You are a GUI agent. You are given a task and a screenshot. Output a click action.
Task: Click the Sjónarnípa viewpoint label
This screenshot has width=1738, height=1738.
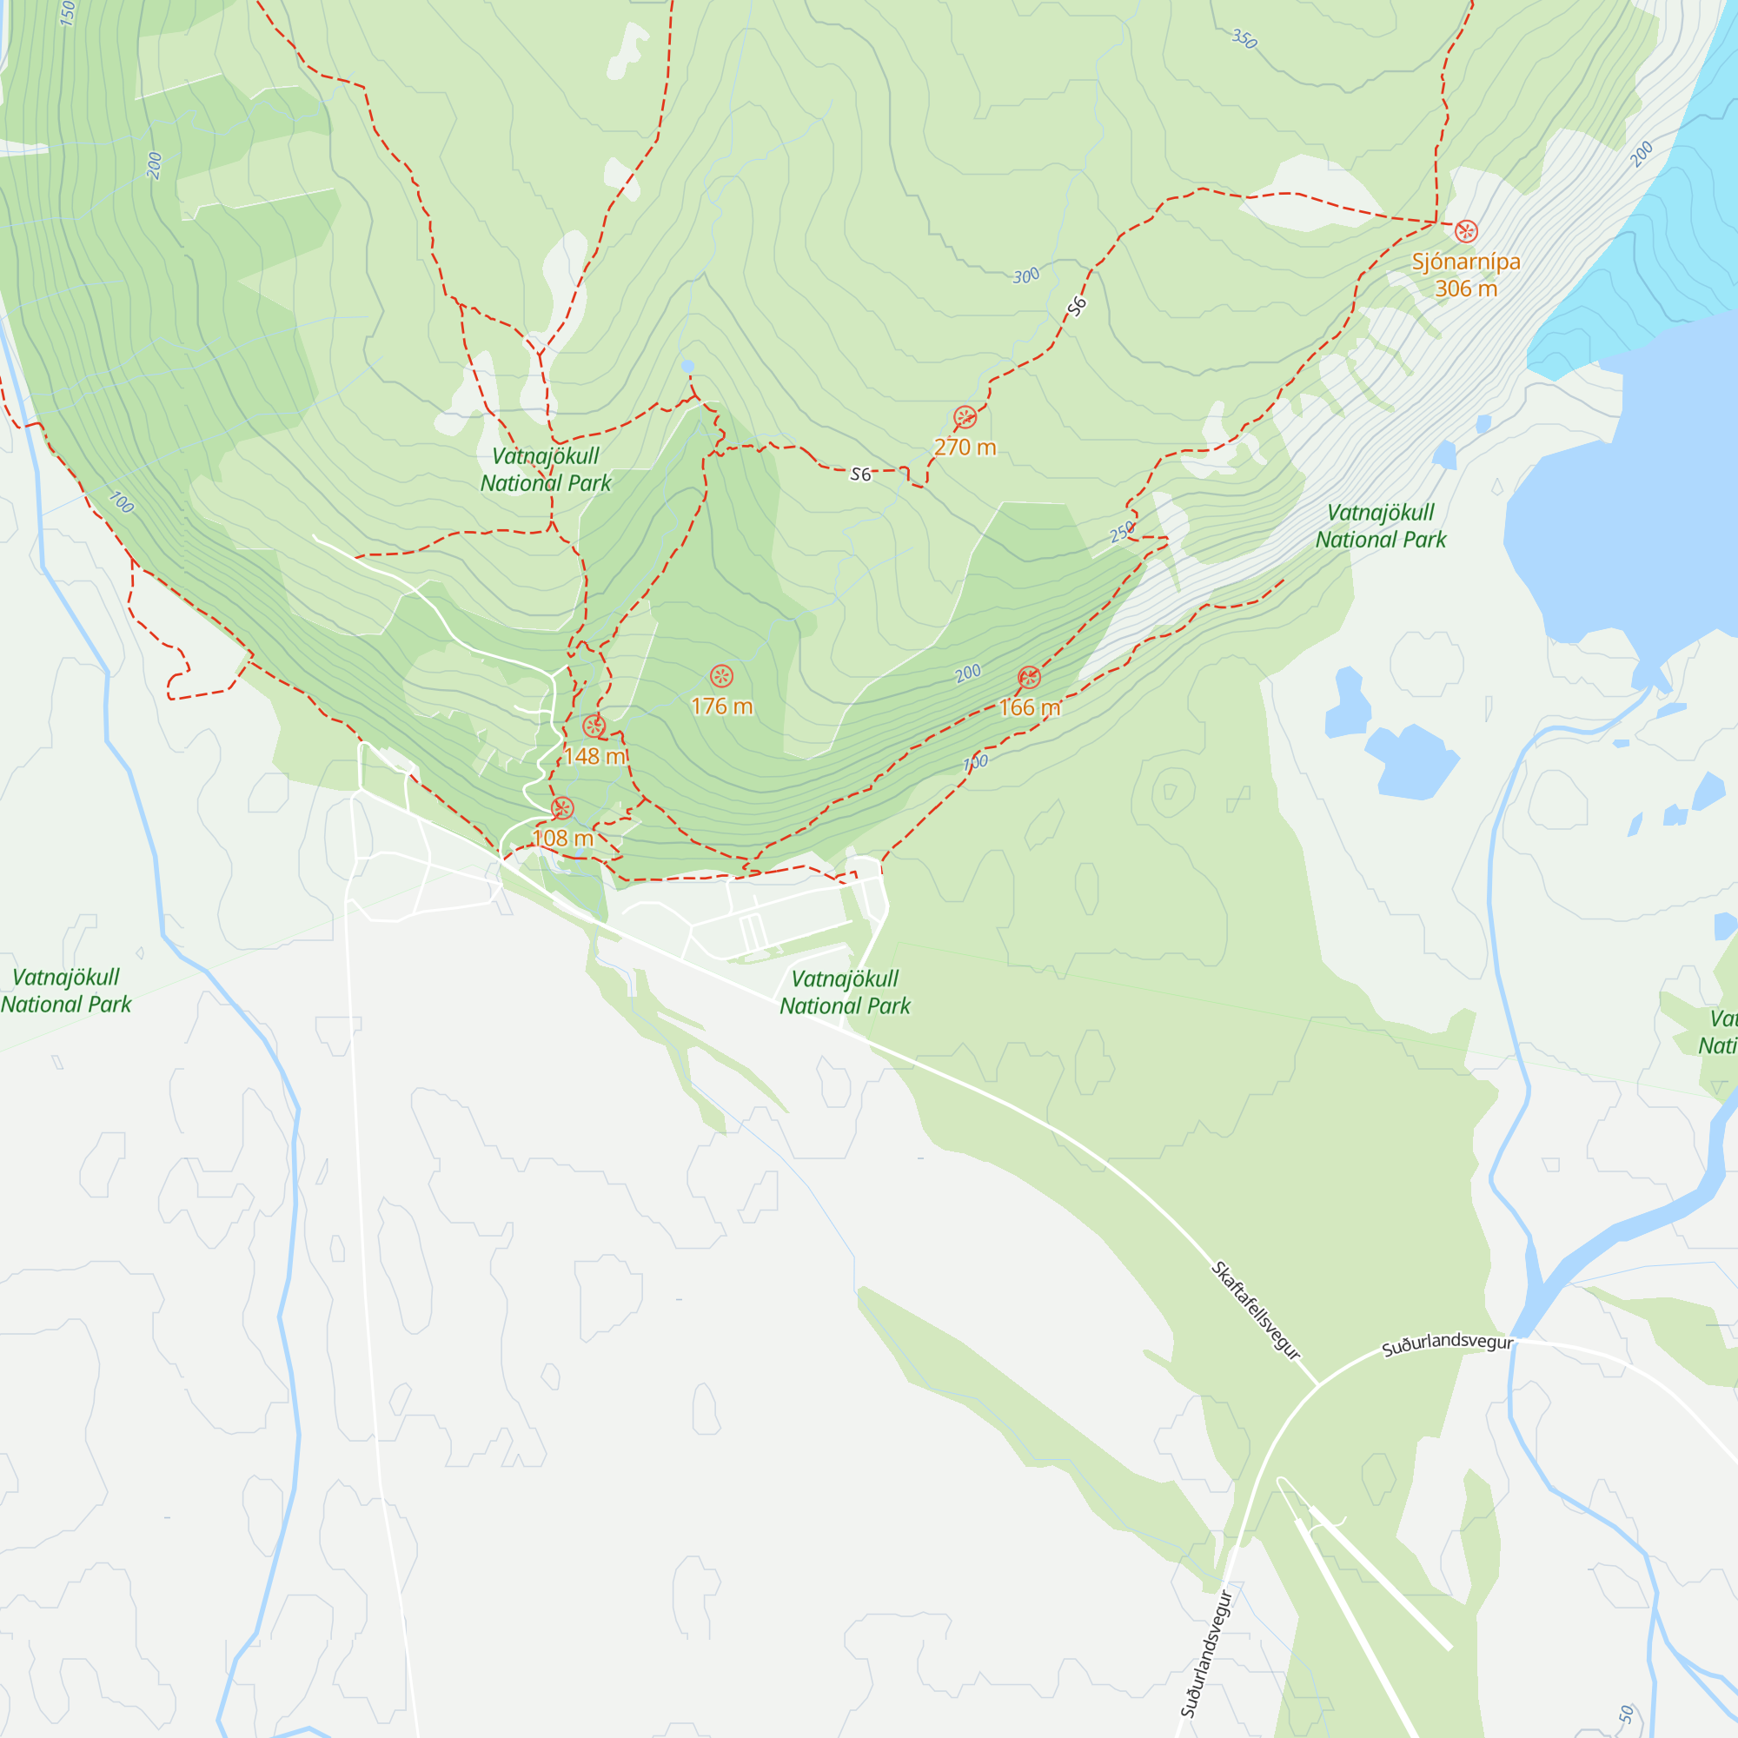[x=1465, y=275]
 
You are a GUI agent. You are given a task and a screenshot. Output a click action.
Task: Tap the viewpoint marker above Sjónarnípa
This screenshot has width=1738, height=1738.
[x=1466, y=231]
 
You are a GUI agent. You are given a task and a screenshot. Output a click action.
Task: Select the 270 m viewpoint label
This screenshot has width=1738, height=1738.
[x=965, y=447]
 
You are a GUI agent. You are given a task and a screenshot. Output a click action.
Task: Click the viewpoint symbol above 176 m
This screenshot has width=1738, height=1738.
[x=721, y=676]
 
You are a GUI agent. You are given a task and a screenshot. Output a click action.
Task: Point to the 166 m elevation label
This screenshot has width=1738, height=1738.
[x=1029, y=708]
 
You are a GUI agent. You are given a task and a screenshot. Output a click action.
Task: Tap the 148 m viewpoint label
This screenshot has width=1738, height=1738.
[x=594, y=756]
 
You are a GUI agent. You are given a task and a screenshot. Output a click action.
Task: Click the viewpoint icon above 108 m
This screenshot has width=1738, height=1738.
[x=562, y=809]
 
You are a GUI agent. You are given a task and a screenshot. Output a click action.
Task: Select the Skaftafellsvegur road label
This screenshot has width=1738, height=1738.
[x=1256, y=1310]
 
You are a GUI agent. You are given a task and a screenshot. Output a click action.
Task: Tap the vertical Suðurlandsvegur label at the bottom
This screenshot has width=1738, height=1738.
[x=1206, y=1655]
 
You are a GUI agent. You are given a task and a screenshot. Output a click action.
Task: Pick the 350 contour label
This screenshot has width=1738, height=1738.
[x=1244, y=39]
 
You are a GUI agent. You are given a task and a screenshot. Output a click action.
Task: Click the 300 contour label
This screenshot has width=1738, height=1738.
[x=1025, y=276]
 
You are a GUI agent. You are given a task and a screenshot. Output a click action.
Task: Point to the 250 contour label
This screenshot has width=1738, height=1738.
[x=1122, y=533]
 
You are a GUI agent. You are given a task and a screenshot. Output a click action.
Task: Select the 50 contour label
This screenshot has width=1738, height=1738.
[x=1626, y=1714]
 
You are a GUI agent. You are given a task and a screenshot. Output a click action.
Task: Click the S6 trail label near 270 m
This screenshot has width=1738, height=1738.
[x=861, y=474]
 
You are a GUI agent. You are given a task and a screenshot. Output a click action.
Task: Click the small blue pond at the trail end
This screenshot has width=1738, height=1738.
[x=688, y=366]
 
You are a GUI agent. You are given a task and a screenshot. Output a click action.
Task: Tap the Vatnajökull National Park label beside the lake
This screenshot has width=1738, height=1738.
[x=1380, y=527]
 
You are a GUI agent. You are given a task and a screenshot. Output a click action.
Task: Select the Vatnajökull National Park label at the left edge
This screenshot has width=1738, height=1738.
[x=66, y=991]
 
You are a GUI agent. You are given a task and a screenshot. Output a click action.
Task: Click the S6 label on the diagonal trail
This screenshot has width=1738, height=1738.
[x=1077, y=307]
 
